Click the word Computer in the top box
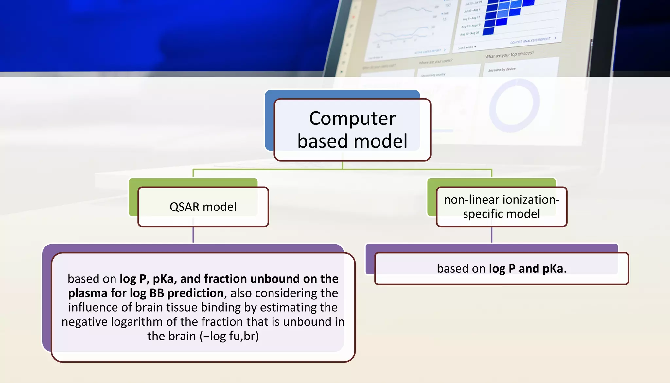pos(352,118)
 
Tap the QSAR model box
pos(203,207)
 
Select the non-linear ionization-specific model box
pos(501,207)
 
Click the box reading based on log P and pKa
pos(501,268)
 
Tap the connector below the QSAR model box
pos(193,234)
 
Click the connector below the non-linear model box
pos(491,234)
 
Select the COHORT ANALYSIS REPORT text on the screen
pos(530,41)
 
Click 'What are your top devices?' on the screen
pos(509,55)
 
